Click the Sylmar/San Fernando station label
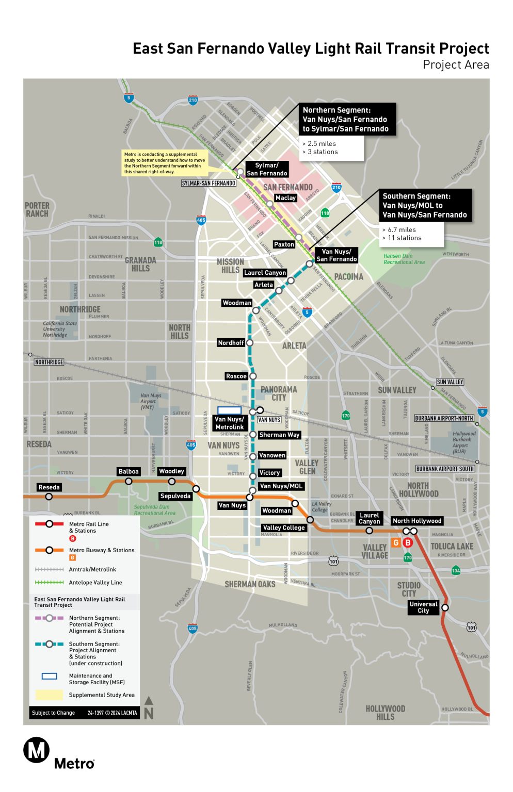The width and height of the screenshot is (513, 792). [267, 169]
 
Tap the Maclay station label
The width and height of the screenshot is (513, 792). [285, 198]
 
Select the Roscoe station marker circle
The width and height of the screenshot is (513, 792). [253, 376]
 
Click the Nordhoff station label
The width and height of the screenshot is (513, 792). [231, 343]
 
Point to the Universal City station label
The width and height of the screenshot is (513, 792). [423, 607]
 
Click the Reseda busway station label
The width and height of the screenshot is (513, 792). [49, 487]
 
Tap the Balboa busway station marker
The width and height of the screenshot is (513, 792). [129, 481]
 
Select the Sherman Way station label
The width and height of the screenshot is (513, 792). [279, 435]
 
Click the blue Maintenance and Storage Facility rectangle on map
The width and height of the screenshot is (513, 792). [229, 410]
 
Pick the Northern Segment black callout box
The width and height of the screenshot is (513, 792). [345, 120]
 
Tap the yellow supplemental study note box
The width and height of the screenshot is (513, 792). [165, 162]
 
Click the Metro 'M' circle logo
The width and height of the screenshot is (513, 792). [36, 750]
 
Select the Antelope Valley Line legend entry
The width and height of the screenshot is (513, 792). [95, 583]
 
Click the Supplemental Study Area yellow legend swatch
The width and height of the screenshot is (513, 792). [49, 695]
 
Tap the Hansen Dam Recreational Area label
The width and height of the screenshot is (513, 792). [404, 259]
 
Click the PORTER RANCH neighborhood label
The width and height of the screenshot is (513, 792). [37, 209]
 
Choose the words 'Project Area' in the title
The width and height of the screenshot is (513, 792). [455, 65]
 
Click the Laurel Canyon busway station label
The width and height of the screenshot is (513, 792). [369, 518]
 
